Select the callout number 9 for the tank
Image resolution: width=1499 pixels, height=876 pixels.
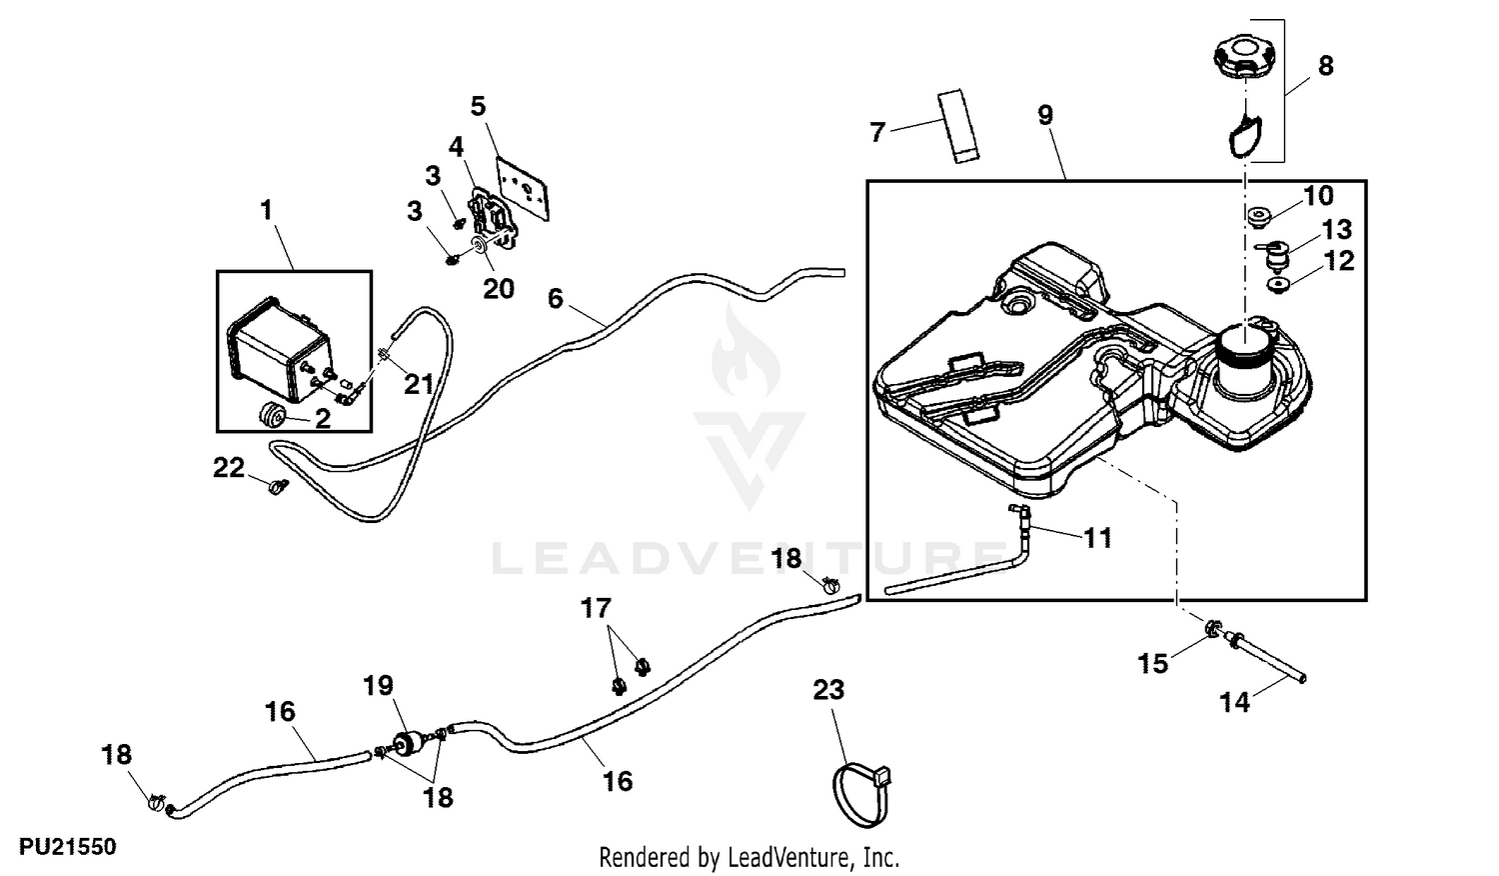click(1045, 115)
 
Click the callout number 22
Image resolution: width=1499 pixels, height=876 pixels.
click(229, 467)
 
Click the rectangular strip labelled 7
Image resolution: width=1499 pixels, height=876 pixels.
click(956, 125)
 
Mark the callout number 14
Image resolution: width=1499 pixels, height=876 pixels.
click(1235, 702)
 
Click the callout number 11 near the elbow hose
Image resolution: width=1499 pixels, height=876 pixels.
click(1098, 538)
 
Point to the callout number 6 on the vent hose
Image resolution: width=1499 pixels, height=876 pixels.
click(556, 298)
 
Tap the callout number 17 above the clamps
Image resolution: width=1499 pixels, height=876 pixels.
click(597, 608)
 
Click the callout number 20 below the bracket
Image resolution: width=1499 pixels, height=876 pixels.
click(499, 288)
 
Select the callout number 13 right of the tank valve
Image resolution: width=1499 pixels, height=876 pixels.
click(1336, 229)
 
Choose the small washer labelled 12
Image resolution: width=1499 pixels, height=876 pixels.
click(1277, 286)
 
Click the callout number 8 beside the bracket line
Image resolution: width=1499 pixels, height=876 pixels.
click(1325, 66)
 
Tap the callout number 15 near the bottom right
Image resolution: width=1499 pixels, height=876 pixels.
click(1153, 663)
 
